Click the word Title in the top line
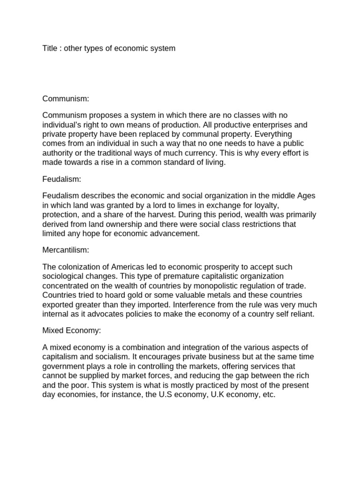51,48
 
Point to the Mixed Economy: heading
72,330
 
